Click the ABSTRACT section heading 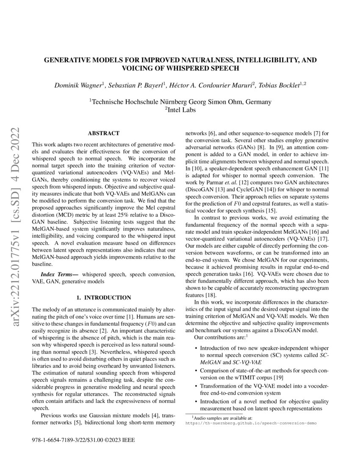pyautogui.click(x=103, y=133)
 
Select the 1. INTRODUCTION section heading pyautogui.click(x=103, y=297)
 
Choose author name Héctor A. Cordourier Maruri pyautogui.click(x=211, y=86)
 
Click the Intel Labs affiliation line pyautogui.click(x=180, y=109)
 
